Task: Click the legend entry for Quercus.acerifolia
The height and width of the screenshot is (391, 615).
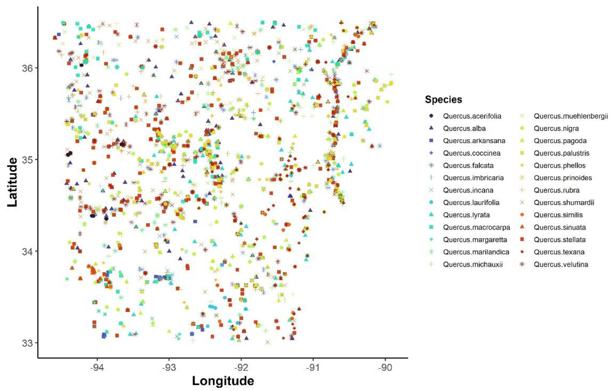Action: click(472, 116)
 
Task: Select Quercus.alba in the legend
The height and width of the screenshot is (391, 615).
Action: click(464, 128)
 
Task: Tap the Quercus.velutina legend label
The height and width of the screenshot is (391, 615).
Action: click(561, 264)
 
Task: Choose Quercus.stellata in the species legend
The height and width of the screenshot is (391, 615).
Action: click(559, 240)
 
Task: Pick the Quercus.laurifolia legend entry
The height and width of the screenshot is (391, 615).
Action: click(471, 203)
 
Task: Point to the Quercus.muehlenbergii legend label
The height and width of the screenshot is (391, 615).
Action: click(571, 116)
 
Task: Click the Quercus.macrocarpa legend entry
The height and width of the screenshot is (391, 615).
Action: click(476, 227)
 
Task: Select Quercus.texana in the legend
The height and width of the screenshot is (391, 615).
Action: click(559, 252)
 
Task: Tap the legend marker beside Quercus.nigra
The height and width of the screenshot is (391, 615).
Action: click(522, 128)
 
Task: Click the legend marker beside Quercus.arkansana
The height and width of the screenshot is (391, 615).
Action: click(431, 141)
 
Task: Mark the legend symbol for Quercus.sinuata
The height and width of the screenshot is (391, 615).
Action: click(522, 227)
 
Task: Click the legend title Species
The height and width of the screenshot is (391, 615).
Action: click(443, 100)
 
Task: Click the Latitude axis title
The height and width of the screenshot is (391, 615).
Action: click(12, 182)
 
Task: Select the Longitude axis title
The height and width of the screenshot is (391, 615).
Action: click(223, 381)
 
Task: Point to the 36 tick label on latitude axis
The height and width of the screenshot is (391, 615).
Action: click(27, 68)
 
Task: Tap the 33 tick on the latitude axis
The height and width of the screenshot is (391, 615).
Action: click(27, 343)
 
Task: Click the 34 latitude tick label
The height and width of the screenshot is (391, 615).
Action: click(27, 251)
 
